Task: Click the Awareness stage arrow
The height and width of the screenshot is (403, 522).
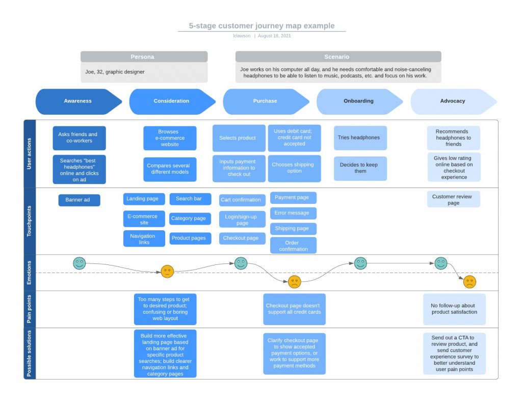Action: (x=78, y=101)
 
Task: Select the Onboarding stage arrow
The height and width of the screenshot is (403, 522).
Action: (x=358, y=101)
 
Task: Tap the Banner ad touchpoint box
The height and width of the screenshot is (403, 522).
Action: (x=79, y=200)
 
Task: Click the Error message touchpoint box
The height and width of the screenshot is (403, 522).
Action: (x=293, y=213)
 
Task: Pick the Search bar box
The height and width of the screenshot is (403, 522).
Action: (x=189, y=199)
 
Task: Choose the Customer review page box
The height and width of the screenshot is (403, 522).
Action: (x=453, y=199)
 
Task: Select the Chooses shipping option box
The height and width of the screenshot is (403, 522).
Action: (x=294, y=168)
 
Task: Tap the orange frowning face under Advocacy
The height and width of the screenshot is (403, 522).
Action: (x=469, y=282)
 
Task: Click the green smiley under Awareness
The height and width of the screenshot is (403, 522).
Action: (x=79, y=263)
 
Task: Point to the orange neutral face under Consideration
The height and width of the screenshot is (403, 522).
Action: (x=167, y=272)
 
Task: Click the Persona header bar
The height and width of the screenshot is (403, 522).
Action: (x=144, y=57)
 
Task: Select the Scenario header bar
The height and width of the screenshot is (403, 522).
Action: (x=338, y=57)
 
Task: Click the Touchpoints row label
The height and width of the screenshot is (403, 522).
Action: (x=30, y=221)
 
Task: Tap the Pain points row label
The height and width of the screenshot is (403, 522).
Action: (x=30, y=309)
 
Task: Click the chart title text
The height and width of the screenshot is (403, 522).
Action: (x=262, y=26)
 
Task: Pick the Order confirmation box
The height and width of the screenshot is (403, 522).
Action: (x=293, y=246)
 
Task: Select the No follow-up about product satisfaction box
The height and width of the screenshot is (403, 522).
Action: (x=454, y=309)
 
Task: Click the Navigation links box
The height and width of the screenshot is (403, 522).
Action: (x=144, y=239)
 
